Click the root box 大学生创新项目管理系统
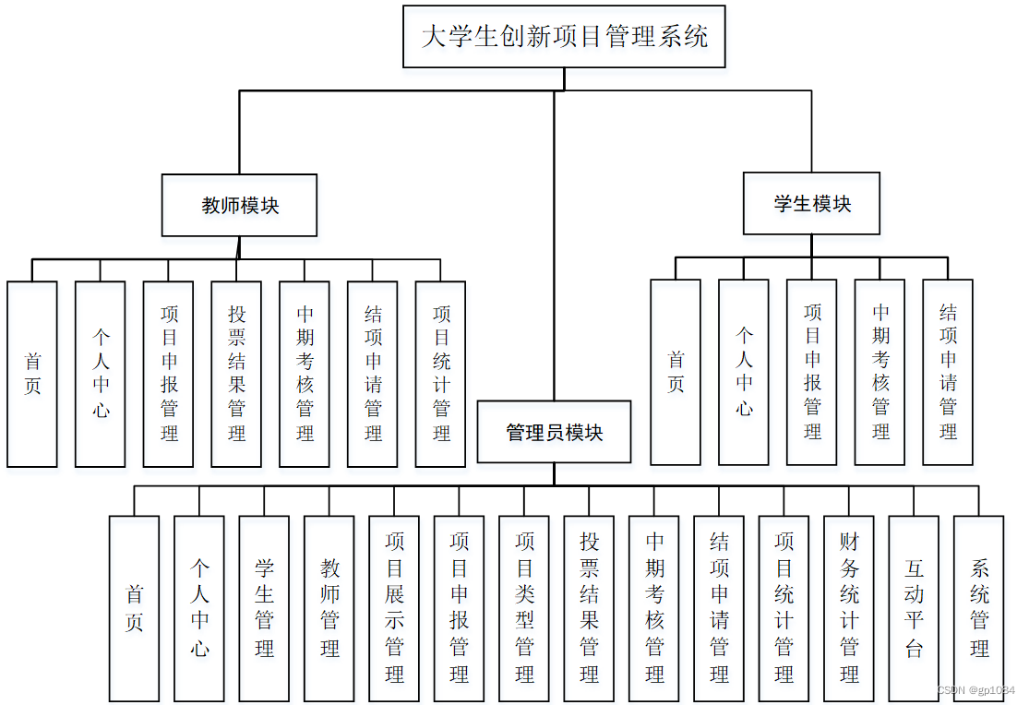pos(564,37)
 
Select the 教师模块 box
pos(240,205)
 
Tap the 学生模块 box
pos(812,203)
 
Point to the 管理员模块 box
pos(555,431)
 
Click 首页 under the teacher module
pos(32,374)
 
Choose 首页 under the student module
pos(676,372)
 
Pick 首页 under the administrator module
pos(134,608)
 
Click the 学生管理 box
pos(264,608)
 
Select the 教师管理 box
pos(329,608)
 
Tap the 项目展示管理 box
pos(394,608)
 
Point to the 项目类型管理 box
pos(524,608)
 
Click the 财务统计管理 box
pos(849,608)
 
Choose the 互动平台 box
pos(914,608)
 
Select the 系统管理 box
pos(979,608)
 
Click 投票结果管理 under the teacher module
pos(237,374)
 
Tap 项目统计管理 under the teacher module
pos(441,374)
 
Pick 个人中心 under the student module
pos(744,372)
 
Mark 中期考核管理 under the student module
pos(880,372)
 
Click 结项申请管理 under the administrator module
pos(719,608)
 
